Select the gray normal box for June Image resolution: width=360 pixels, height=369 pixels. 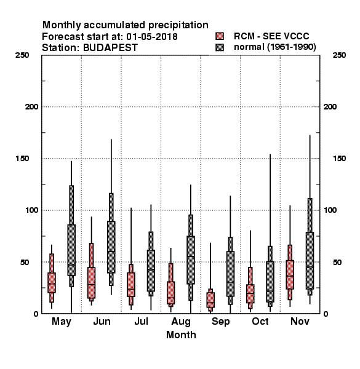(111, 247)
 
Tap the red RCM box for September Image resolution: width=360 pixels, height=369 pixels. (210, 300)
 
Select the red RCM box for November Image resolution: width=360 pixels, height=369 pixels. (290, 275)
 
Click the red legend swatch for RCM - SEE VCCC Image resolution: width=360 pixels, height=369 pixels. (220, 36)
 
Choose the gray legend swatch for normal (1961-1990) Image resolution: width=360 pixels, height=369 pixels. (220, 47)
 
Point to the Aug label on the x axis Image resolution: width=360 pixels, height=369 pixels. (181, 322)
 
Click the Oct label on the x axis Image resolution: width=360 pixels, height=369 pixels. (260, 321)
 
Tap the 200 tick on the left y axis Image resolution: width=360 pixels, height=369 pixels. (31, 107)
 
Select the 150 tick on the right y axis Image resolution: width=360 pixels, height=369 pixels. (339, 159)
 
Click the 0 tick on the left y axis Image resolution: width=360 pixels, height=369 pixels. (36, 314)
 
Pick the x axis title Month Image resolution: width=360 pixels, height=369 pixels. (181, 335)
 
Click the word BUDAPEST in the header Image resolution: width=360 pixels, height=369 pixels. (110, 48)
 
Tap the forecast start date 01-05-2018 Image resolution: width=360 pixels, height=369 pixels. (152, 37)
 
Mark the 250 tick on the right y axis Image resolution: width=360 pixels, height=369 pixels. (339, 55)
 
